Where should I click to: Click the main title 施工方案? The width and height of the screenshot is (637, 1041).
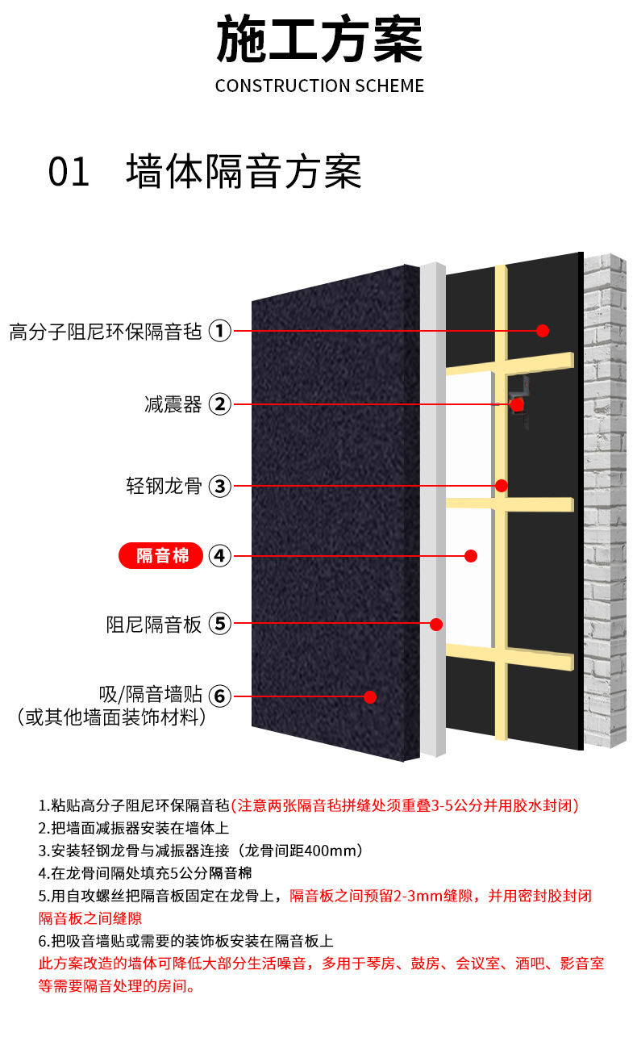(319, 40)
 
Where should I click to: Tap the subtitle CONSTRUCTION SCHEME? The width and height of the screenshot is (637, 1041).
(319, 86)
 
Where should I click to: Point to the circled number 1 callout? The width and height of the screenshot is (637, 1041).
(220, 331)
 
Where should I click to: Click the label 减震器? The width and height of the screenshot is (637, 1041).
(173, 404)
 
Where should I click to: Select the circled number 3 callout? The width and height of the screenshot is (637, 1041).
(220, 486)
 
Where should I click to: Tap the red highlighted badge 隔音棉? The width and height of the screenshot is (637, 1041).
(161, 555)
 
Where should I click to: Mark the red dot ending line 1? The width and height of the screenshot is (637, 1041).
(543, 331)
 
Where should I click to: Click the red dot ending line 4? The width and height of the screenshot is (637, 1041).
(472, 556)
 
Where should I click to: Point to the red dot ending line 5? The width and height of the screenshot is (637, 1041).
(437, 624)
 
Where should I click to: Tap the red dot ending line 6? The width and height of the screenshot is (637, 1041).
(370, 696)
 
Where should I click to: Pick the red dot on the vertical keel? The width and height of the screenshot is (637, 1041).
(501, 486)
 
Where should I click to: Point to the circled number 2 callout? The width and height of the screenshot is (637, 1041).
(220, 404)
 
